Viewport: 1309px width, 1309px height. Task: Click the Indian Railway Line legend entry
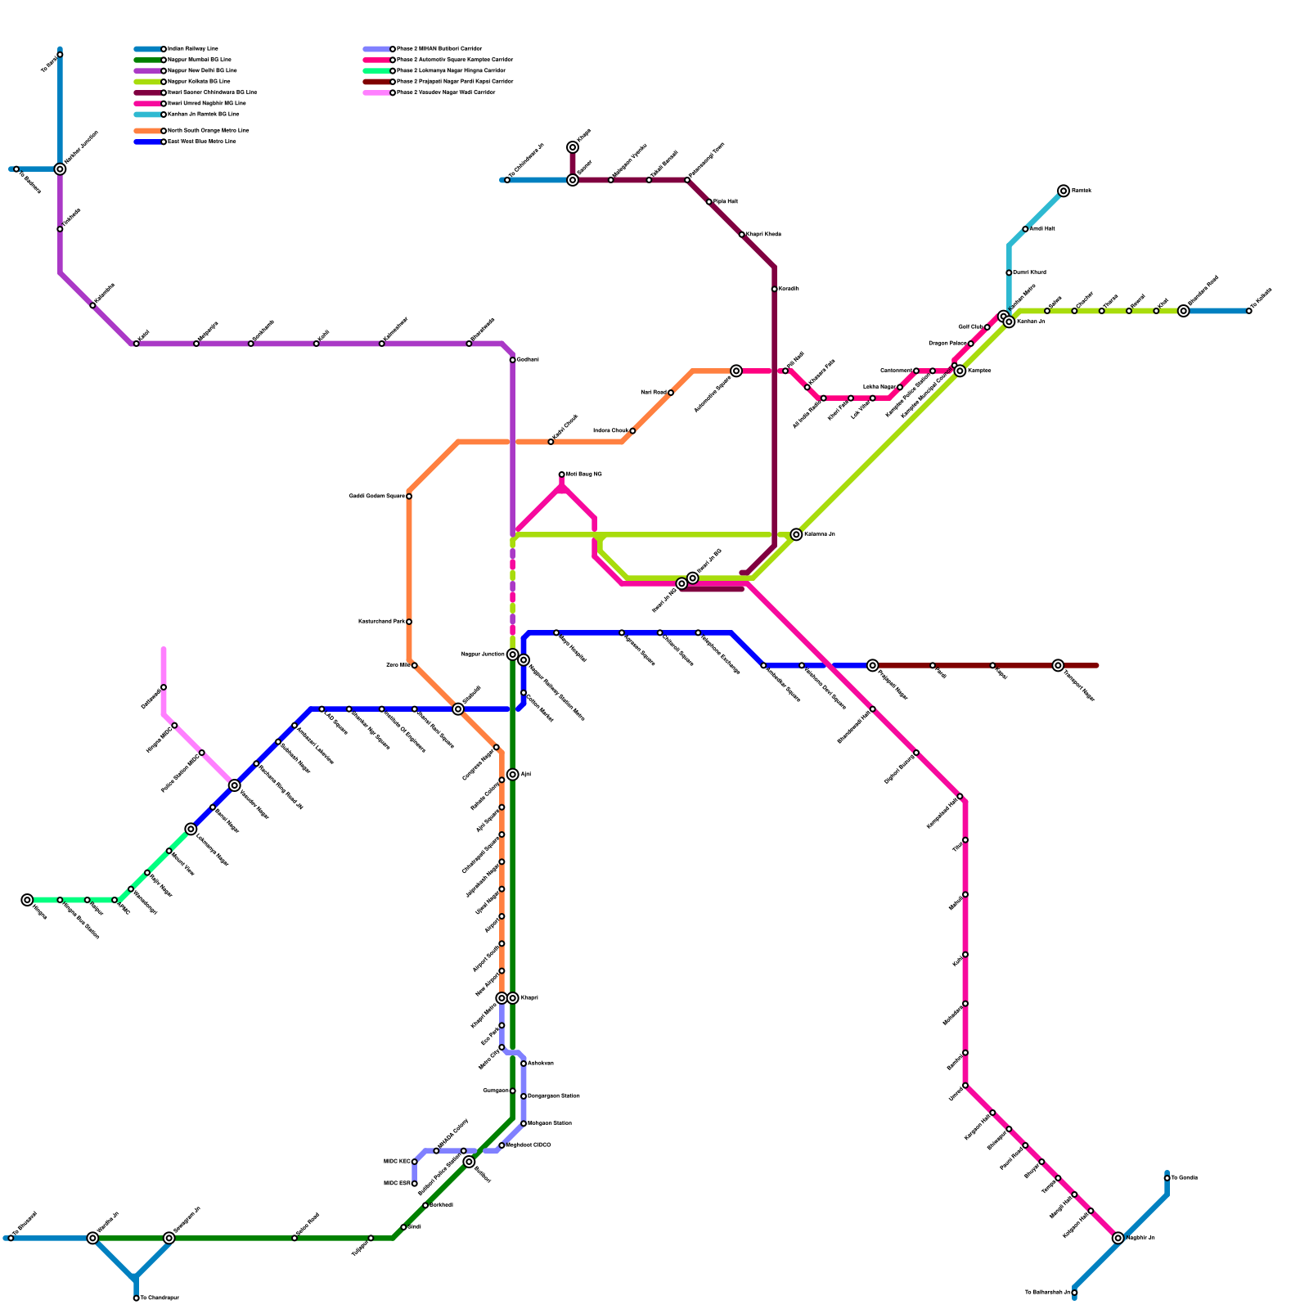[192, 49]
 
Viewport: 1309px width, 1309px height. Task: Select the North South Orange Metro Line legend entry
[208, 131]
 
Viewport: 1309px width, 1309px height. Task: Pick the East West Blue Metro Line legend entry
[201, 142]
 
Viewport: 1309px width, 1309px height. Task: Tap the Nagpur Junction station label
[483, 654]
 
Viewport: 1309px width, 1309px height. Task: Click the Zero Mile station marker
[415, 665]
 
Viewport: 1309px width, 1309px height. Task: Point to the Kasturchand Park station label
[381, 622]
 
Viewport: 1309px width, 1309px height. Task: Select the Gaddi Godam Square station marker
[409, 497]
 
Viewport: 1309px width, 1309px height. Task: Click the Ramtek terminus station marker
[1064, 191]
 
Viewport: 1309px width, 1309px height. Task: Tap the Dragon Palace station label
[948, 344]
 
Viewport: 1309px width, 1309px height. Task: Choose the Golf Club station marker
[987, 327]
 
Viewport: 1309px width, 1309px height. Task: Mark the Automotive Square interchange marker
[736, 371]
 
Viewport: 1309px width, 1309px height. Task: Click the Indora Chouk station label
[610, 430]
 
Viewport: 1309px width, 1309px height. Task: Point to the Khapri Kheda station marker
[742, 235]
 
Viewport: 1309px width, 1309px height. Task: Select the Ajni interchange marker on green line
[512, 775]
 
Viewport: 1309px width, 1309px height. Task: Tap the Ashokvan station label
[541, 1064]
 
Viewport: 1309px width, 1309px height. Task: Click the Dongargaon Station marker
[524, 1096]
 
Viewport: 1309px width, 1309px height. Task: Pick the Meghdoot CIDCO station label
[529, 1145]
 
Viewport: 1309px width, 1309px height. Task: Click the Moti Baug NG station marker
[562, 475]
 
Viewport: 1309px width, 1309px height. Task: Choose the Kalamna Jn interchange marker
[797, 534]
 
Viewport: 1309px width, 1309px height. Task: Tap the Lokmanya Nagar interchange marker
[191, 830]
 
